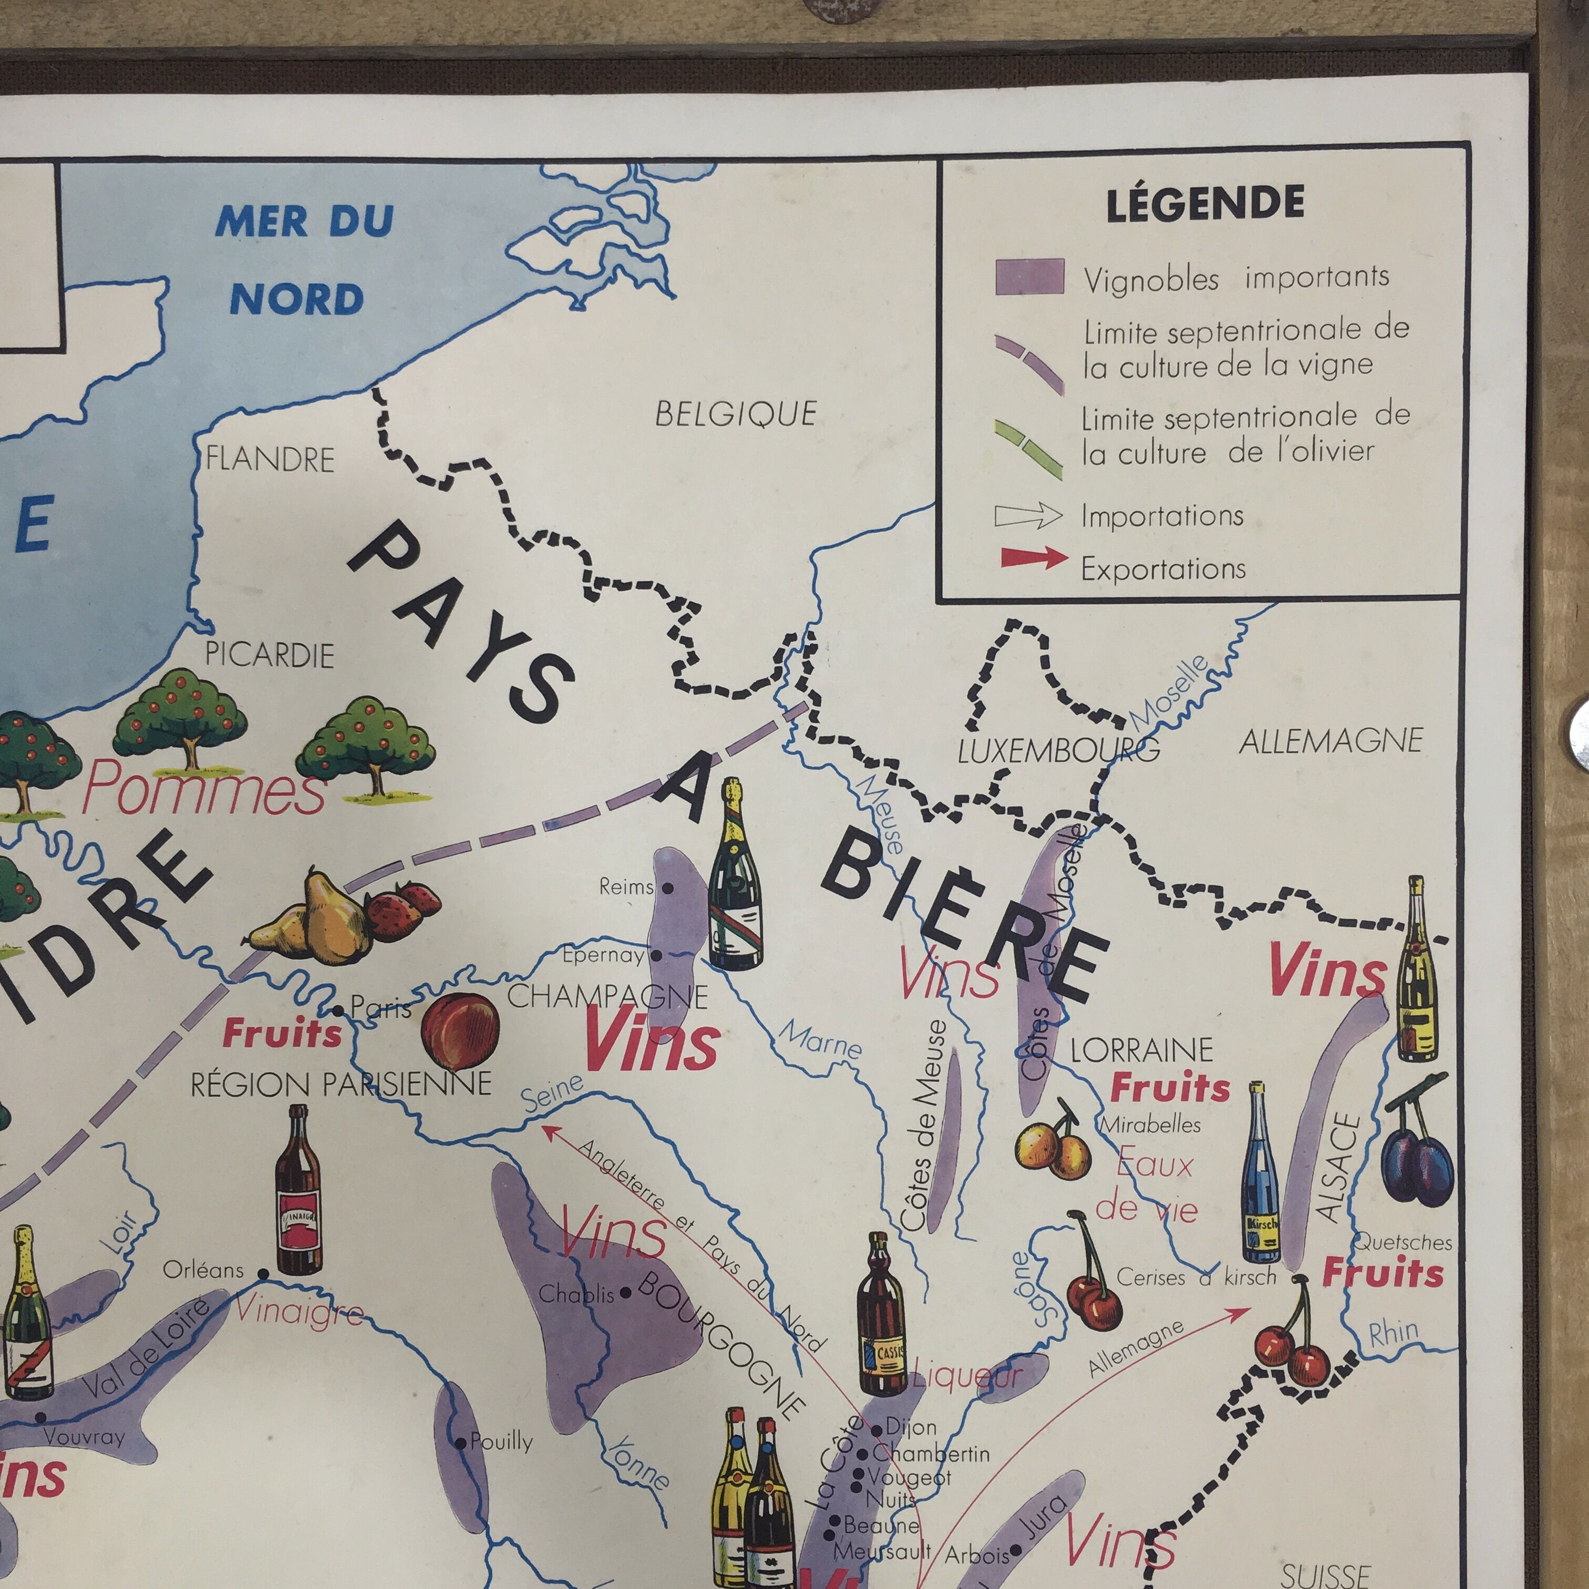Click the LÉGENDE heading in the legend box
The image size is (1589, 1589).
[1205, 204]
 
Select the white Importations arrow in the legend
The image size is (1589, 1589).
[1028, 515]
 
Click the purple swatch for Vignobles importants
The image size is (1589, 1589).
[1030, 276]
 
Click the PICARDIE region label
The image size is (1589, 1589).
[269, 655]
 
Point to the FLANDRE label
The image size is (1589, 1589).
[270, 459]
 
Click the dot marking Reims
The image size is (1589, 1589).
[668, 888]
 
